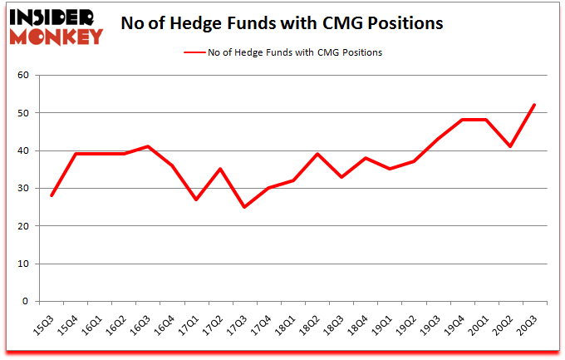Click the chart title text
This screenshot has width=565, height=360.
[x=282, y=23]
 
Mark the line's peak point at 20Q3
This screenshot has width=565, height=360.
[x=534, y=105]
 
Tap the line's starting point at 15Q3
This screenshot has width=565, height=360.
[x=52, y=195]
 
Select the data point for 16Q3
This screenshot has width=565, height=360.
[x=149, y=146]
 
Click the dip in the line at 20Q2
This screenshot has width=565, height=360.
[x=510, y=146]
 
